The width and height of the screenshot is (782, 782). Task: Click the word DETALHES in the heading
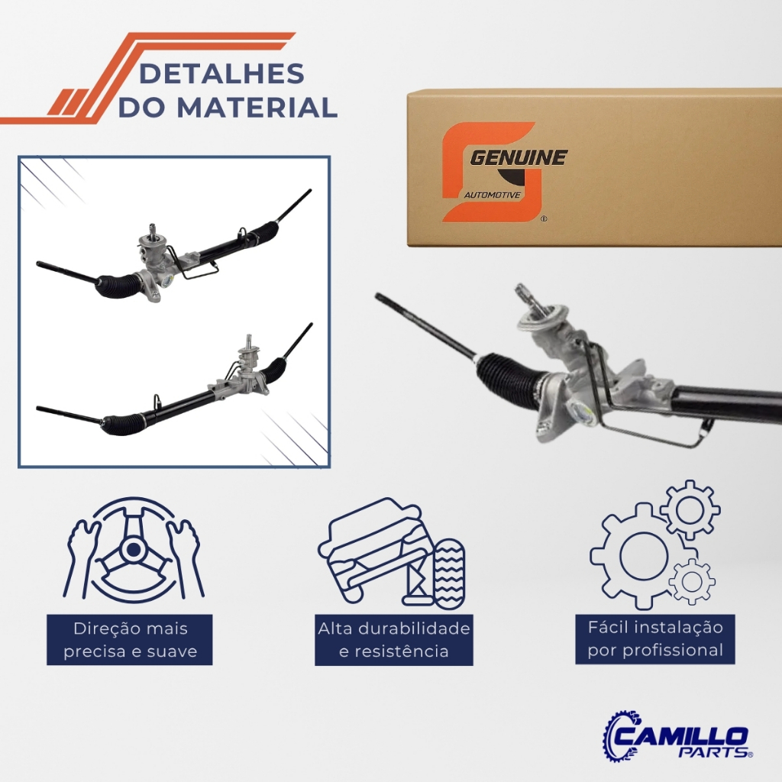point(221,73)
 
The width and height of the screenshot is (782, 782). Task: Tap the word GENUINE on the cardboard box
point(519,157)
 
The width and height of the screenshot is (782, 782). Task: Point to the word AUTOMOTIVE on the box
point(493,195)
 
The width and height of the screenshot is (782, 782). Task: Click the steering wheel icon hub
point(133,550)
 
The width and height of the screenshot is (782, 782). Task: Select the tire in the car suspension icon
point(449,573)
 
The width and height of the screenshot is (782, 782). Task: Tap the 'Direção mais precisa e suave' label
point(130,640)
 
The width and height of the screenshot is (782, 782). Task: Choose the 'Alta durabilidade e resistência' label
point(394,640)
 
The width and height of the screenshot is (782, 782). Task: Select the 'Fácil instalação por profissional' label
point(654,639)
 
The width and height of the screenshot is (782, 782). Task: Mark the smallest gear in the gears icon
point(692,581)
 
